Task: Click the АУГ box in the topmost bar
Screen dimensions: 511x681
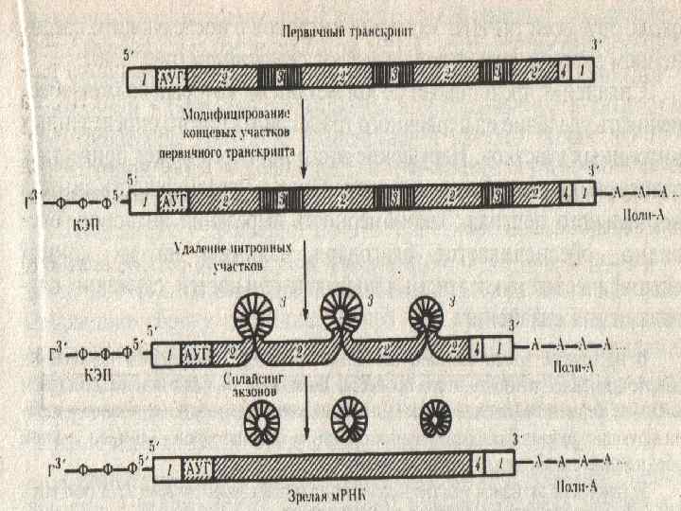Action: pyautogui.click(x=172, y=74)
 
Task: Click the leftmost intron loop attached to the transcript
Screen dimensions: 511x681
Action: pyautogui.click(x=257, y=310)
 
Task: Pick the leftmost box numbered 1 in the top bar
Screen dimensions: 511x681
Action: pyautogui.click(x=142, y=74)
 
